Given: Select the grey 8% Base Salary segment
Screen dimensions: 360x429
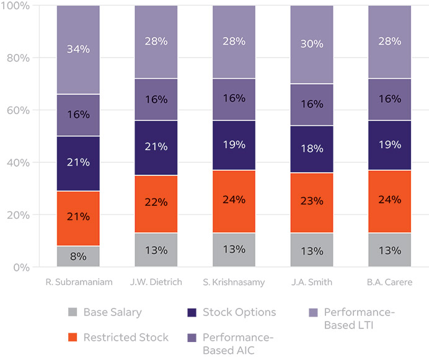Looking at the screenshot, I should pos(78,257).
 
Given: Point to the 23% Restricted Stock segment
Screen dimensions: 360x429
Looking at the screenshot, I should pos(312,201).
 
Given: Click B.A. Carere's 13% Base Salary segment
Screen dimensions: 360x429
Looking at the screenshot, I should pos(390,250).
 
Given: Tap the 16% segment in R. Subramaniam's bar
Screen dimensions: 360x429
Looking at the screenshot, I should pos(78,115).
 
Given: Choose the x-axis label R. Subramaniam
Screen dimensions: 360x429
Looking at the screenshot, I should pos(78,283).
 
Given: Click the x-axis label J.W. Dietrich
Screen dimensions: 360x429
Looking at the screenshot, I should pos(156,283).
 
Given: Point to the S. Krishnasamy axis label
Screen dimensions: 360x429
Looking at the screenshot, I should pos(234,283).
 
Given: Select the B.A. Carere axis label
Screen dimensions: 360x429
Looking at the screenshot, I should pos(390,283).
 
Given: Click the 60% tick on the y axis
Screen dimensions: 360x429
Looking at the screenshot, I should pos(15,110).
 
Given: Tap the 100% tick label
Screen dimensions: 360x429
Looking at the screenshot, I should pos(15,6).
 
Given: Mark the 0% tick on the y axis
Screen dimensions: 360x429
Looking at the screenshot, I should pos(18,268).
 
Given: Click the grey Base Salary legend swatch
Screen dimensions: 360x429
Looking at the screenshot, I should pos(73,312).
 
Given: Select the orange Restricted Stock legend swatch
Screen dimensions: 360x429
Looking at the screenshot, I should pos(73,338).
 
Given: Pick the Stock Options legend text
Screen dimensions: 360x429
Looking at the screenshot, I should pos(239,312).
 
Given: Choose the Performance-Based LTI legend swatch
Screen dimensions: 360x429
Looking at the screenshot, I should pos(312,312).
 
